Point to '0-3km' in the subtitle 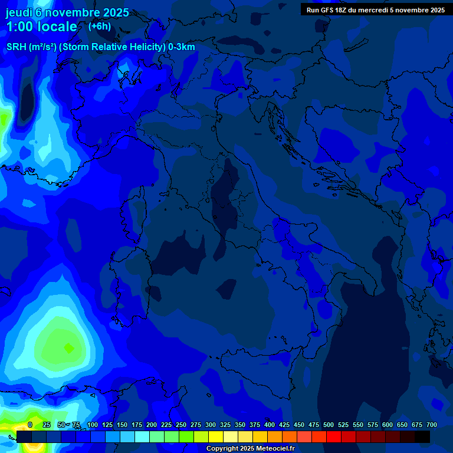tap(181, 47)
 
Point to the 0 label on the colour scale tap(30, 425)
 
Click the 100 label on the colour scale tap(92, 425)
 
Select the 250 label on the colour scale tap(180, 425)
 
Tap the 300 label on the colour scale tap(210, 425)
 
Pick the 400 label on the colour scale tap(269, 425)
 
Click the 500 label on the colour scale tap(328, 425)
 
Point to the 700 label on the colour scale tap(431, 425)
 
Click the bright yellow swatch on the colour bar tap(216, 436)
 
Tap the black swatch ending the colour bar tap(422, 436)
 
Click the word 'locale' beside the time tap(58, 27)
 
